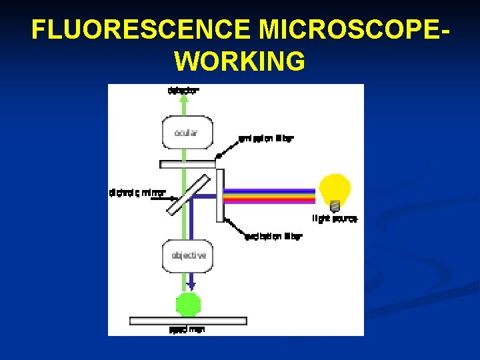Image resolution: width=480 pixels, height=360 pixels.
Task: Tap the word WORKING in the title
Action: tap(240, 61)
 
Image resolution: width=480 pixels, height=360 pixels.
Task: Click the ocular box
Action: tap(187, 133)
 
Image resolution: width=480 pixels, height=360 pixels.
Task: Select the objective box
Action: tap(189, 255)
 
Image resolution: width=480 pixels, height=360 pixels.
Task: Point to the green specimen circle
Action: tap(187, 305)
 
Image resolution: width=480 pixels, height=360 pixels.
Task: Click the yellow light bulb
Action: tap(334, 189)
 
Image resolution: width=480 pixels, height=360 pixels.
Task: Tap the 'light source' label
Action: tap(335, 218)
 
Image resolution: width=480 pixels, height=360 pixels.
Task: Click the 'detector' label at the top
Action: tap(183, 90)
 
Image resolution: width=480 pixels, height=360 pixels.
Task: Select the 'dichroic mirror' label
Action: tap(137, 193)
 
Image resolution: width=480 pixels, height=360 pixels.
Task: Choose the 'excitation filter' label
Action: tap(273, 236)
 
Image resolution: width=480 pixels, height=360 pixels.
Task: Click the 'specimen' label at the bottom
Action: tap(187, 330)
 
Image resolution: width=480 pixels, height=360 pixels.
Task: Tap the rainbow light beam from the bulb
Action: tap(270, 196)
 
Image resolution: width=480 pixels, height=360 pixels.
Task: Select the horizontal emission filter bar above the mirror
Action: tap(188, 164)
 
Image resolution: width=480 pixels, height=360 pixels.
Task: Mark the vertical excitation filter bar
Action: tap(220, 195)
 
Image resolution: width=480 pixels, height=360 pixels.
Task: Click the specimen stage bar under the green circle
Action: tap(188, 321)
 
